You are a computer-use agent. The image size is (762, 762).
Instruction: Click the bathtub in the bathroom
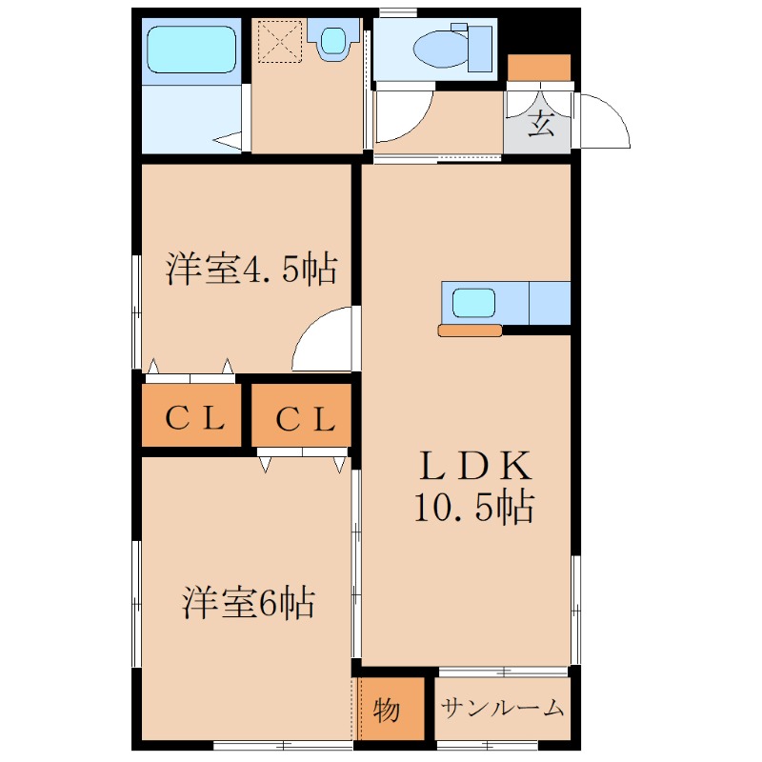tap(190, 50)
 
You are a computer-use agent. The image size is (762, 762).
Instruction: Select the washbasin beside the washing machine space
tap(332, 41)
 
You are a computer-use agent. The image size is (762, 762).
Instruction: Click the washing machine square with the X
tap(281, 41)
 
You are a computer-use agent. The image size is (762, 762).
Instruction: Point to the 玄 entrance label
tap(542, 124)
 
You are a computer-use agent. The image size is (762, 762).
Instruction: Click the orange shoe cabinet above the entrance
tap(539, 68)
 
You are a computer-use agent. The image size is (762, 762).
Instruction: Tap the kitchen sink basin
tap(473, 303)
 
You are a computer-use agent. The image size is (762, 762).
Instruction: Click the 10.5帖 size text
tap(473, 508)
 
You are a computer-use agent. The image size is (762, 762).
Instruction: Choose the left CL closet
tap(194, 417)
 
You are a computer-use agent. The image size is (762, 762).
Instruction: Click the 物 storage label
tap(388, 711)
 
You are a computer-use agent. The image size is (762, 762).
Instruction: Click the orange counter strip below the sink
tap(470, 331)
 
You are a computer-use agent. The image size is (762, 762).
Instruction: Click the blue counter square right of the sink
tap(549, 303)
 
